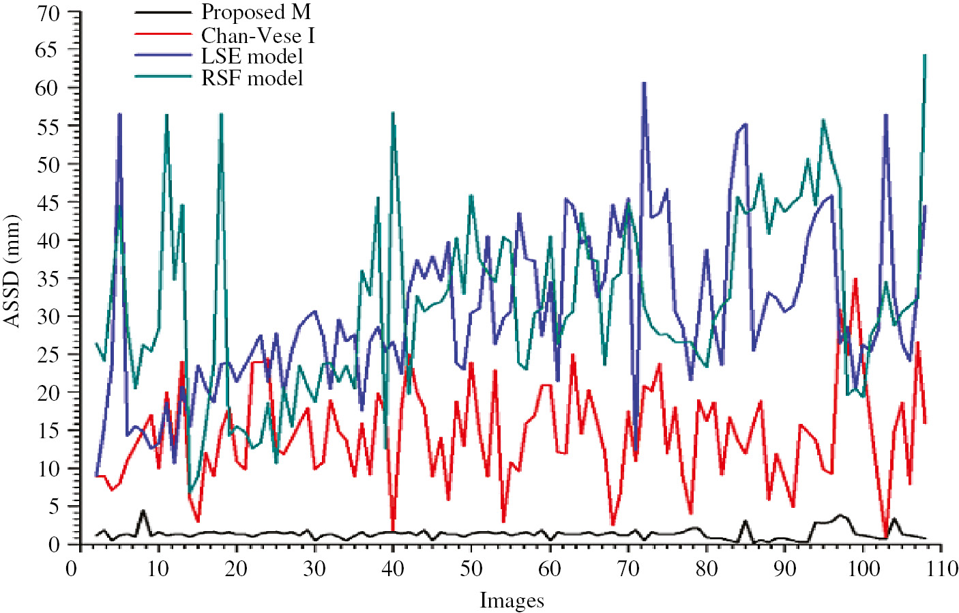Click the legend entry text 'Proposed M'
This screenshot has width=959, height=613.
[x=256, y=12]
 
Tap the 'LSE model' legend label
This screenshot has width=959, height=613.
[x=252, y=56]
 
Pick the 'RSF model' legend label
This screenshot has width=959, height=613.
[x=252, y=78]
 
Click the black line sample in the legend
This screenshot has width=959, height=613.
[x=163, y=12]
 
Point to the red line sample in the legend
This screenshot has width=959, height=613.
[x=163, y=34]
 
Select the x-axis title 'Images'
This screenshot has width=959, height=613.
[x=512, y=601]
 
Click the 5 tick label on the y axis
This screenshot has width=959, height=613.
[x=53, y=507]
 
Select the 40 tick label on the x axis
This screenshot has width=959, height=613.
[x=393, y=568]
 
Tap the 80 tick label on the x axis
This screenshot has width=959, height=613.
[x=707, y=568]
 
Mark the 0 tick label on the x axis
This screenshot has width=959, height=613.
[x=71, y=568]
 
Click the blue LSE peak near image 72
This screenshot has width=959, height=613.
[x=644, y=83]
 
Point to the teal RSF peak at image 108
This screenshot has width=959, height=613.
[x=925, y=55]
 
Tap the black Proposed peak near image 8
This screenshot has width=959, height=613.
[x=143, y=511]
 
